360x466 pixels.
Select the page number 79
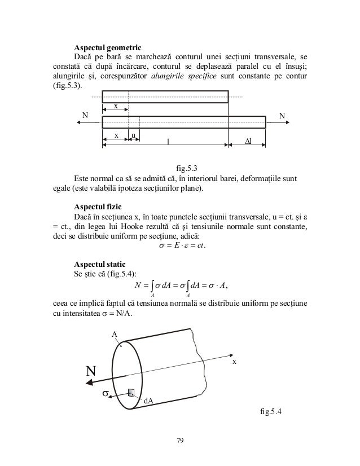(x=180, y=441)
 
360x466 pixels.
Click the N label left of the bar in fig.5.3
(x=85, y=116)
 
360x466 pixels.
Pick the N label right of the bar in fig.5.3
(x=282, y=116)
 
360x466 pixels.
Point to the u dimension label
(x=133, y=135)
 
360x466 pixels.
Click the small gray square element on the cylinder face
(x=131, y=393)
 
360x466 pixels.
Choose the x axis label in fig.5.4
(x=234, y=361)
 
